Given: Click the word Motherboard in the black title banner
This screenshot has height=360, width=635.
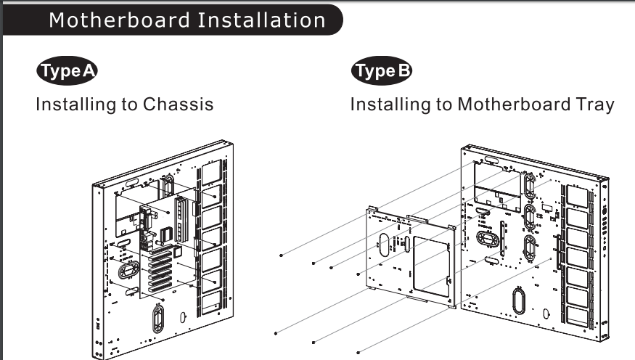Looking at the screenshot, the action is [x=120, y=20].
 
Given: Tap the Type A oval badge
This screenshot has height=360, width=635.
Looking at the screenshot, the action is [x=67, y=70].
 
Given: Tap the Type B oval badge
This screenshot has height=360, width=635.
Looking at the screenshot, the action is [x=382, y=70].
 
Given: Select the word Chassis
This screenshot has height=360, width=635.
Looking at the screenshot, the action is [x=178, y=104].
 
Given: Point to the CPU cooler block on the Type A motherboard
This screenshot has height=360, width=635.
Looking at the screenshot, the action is [x=166, y=234].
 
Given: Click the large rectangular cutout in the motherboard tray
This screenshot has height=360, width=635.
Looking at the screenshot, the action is [x=432, y=265].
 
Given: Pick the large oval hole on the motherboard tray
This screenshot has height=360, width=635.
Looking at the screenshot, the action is [x=384, y=244].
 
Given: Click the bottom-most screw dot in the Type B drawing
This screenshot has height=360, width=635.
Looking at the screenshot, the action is [x=358, y=353].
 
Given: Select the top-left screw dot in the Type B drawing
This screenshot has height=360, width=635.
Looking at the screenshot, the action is [x=281, y=255].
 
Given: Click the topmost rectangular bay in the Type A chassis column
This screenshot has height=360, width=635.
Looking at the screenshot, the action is [x=212, y=173].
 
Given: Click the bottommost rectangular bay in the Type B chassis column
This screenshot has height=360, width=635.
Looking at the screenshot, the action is [x=577, y=316].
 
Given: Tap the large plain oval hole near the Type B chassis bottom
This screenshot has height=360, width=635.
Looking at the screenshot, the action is [x=519, y=301].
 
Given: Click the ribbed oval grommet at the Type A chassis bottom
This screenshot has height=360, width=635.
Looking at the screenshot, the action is [x=158, y=319].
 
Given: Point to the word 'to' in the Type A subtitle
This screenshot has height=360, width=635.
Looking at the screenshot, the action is [x=130, y=105].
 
